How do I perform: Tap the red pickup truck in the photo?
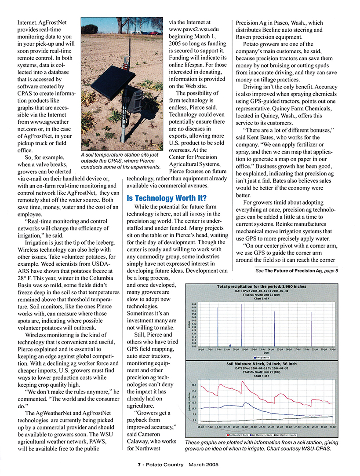coord(153,33)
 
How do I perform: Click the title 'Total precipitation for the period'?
coord(262,286)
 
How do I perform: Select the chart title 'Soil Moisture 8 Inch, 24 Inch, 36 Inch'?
coord(261,364)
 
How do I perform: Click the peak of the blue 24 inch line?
coord(244,403)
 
